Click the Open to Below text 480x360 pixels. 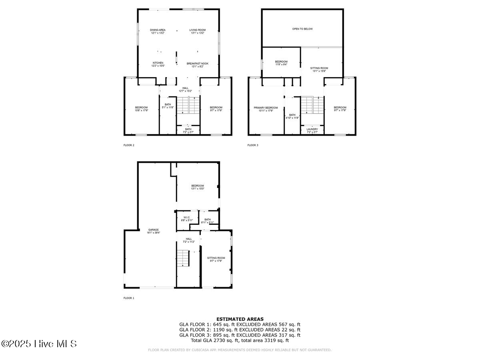[x=302, y=29]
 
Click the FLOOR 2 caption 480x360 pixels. [x=129, y=145]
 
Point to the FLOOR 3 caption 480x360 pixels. [x=253, y=145]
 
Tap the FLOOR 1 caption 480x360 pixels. [x=129, y=298]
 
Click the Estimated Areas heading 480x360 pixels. [x=240, y=319]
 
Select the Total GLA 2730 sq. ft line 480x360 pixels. [x=240, y=340]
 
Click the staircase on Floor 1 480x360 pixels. [x=183, y=258]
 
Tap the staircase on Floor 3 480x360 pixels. [x=312, y=105]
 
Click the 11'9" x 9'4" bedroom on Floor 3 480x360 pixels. [x=281, y=63]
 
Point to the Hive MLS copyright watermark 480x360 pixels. [x=39, y=344]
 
